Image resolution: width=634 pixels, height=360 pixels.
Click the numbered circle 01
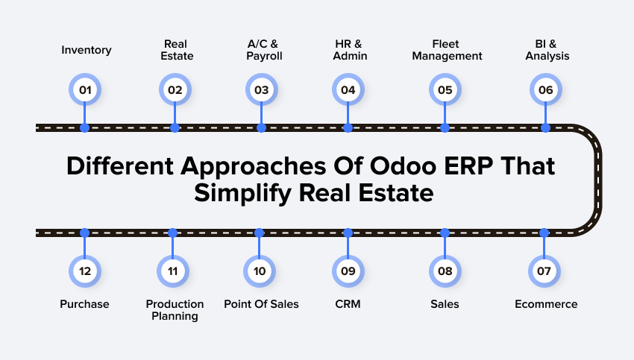84,91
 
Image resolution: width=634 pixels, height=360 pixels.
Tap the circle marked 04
348,91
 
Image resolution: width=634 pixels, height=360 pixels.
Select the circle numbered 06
545,91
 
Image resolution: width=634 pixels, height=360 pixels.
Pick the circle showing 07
544,271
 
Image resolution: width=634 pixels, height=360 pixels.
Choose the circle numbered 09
348,271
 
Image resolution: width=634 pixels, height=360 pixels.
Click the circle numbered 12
84,271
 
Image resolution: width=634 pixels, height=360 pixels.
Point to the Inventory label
87,51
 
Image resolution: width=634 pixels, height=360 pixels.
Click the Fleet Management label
446,50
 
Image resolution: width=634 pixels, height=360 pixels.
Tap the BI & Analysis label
545,50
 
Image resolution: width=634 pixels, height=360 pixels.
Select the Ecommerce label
546,304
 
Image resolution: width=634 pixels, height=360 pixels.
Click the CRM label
348,304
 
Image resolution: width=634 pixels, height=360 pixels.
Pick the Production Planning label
175,310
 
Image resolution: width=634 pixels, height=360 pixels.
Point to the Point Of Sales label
261,304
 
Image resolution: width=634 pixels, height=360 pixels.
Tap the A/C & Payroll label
261,50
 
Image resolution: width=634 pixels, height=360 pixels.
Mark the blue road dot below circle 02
175,128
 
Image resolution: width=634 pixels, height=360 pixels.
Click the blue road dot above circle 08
445,233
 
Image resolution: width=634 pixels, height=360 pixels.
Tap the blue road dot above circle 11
173,233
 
